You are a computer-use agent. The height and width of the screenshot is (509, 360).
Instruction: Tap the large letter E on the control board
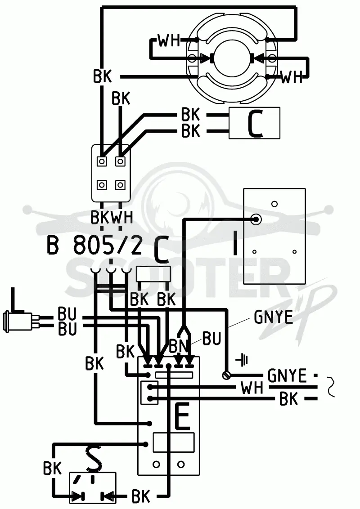182,417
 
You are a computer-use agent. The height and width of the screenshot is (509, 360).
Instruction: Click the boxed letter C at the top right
254,123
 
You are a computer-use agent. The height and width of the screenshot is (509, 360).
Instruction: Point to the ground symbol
243,360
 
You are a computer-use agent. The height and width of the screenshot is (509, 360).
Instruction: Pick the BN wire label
178,346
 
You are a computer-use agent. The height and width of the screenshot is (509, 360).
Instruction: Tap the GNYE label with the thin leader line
273,317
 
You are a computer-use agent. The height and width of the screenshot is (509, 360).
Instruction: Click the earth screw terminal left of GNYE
226,375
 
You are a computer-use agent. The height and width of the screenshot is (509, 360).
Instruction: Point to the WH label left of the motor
169,41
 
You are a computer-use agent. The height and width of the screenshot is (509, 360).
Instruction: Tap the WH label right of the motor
292,77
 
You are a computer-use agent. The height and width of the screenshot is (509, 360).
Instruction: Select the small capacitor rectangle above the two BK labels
153,275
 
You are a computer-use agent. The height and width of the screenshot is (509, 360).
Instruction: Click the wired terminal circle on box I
256,219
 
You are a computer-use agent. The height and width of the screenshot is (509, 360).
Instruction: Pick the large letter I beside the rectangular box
235,241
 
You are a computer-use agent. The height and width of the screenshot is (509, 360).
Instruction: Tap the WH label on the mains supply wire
252,388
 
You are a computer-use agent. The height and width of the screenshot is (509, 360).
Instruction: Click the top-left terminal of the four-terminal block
102,161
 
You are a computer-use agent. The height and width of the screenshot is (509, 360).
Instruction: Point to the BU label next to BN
212,338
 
